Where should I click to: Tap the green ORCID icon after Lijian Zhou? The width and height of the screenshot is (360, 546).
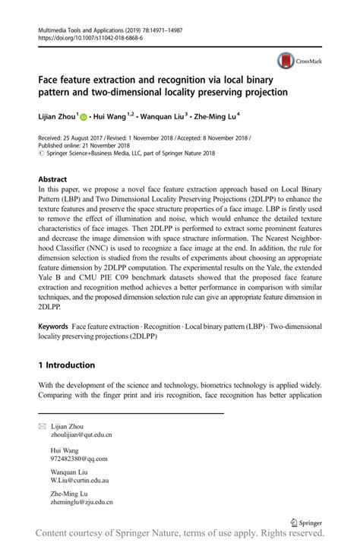tap(83, 118)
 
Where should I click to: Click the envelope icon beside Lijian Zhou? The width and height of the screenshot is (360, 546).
tap(42, 427)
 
